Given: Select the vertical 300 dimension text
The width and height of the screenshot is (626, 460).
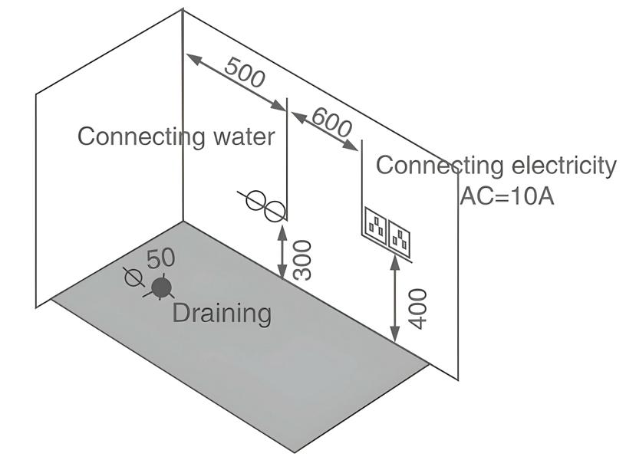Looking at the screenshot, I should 302,259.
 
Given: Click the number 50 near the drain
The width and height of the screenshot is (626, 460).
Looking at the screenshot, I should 160,258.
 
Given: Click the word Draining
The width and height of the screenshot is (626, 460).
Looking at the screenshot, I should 222,313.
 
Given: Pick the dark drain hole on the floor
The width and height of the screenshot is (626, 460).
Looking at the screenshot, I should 161,287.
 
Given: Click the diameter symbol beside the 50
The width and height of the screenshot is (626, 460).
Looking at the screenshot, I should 133,277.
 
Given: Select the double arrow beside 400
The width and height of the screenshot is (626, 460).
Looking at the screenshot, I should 395,301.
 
